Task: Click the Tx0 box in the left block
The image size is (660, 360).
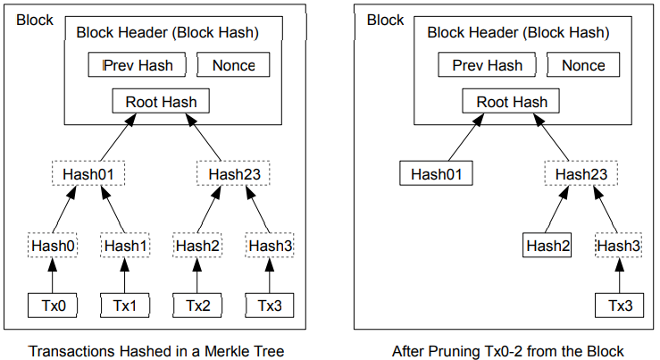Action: [x=52, y=306]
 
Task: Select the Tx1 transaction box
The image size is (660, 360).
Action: [x=125, y=306]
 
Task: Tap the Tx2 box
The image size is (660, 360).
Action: [x=197, y=306]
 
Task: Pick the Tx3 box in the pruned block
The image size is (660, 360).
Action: [x=619, y=306]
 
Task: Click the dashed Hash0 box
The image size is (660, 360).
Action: [x=52, y=245]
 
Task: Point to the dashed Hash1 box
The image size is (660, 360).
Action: [x=125, y=245]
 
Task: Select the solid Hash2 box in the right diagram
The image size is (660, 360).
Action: [x=547, y=245]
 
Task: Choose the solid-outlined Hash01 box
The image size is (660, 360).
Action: [x=436, y=173]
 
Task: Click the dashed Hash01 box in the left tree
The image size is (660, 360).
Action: [x=88, y=173]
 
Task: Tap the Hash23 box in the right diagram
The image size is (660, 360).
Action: [x=581, y=173]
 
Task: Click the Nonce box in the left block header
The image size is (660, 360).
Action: [x=233, y=65]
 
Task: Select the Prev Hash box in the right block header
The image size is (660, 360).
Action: [x=487, y=65]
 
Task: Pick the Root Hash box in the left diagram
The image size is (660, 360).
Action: [x=161, y=101]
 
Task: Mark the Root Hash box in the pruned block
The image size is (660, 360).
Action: [x=511, y=101]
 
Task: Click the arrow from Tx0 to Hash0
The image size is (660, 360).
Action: [x=52, y=275]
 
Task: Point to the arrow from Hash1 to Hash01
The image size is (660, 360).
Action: [x=113, y=209]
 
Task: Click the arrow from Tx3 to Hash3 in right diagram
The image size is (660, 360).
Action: [x=619, y=275]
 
